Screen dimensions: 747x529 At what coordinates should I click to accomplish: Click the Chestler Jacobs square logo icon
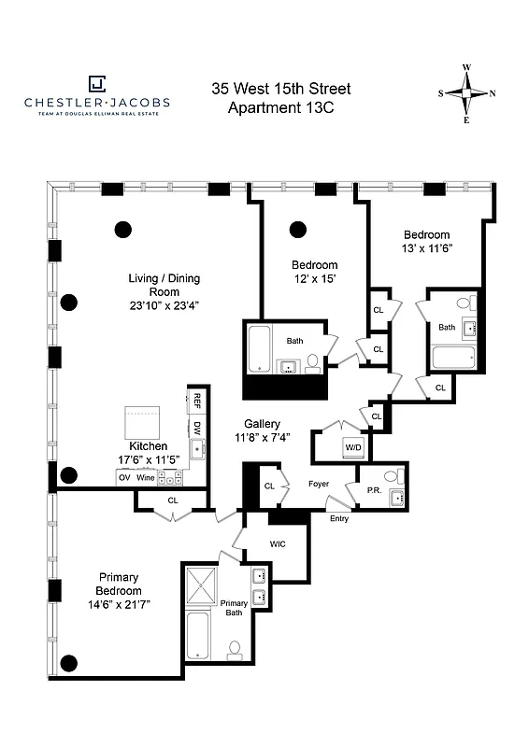[x=97, y=84]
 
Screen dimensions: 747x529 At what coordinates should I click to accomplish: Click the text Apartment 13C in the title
[x=280, y=107]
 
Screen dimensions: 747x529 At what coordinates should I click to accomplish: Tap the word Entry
[x=338, y=518]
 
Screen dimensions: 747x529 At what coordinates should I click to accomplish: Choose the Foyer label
[x=319, y=484]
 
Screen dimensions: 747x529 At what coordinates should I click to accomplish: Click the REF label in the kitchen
[x=196, y=402]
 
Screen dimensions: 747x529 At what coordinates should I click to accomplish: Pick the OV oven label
[x=123, y=478]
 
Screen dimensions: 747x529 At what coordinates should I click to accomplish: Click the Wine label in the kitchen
[x=145, y=478]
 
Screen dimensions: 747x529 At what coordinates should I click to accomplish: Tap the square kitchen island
[x=145, y=423]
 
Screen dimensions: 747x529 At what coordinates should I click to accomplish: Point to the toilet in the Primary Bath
[x=235, y=647]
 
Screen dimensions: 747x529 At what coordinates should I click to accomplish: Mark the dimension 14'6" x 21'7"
[x=118, y=605]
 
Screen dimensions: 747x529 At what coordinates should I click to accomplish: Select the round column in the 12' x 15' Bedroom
[x=298, y=229]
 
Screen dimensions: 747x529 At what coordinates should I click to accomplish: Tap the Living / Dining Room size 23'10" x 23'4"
[x=164, y=305]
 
